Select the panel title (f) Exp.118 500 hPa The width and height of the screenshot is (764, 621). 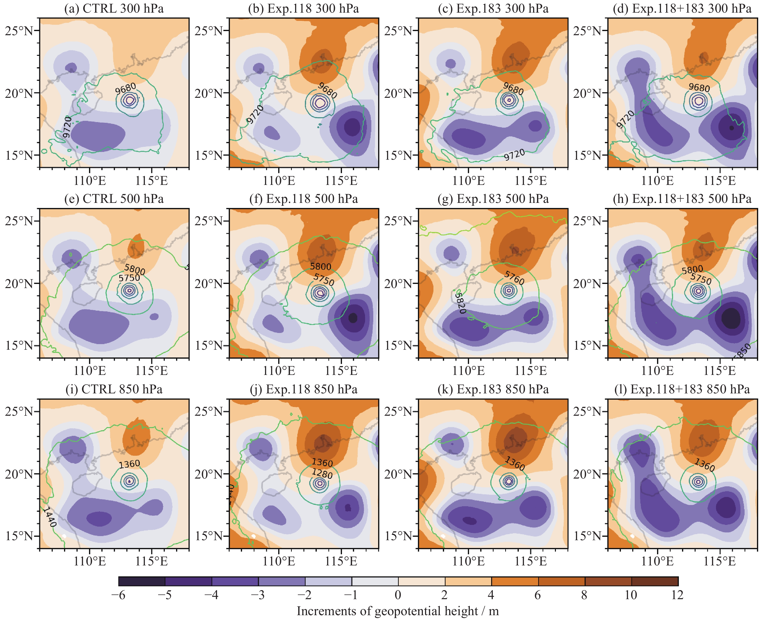(x=303, y=199)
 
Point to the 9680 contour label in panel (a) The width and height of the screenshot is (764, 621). (x=125, y=88)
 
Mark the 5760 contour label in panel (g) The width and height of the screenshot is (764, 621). (x=514, y=278)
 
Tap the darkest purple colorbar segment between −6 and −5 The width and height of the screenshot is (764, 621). (x=142, y=581)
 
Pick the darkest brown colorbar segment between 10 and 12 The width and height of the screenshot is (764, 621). (x=655, y=581)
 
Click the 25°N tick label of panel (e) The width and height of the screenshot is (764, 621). (x=19, y=221)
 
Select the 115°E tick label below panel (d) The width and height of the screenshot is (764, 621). (x=719, y=181)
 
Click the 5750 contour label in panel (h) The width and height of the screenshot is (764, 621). (x=701, y=279)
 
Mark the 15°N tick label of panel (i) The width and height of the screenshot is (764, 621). (x=19, y=536)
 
